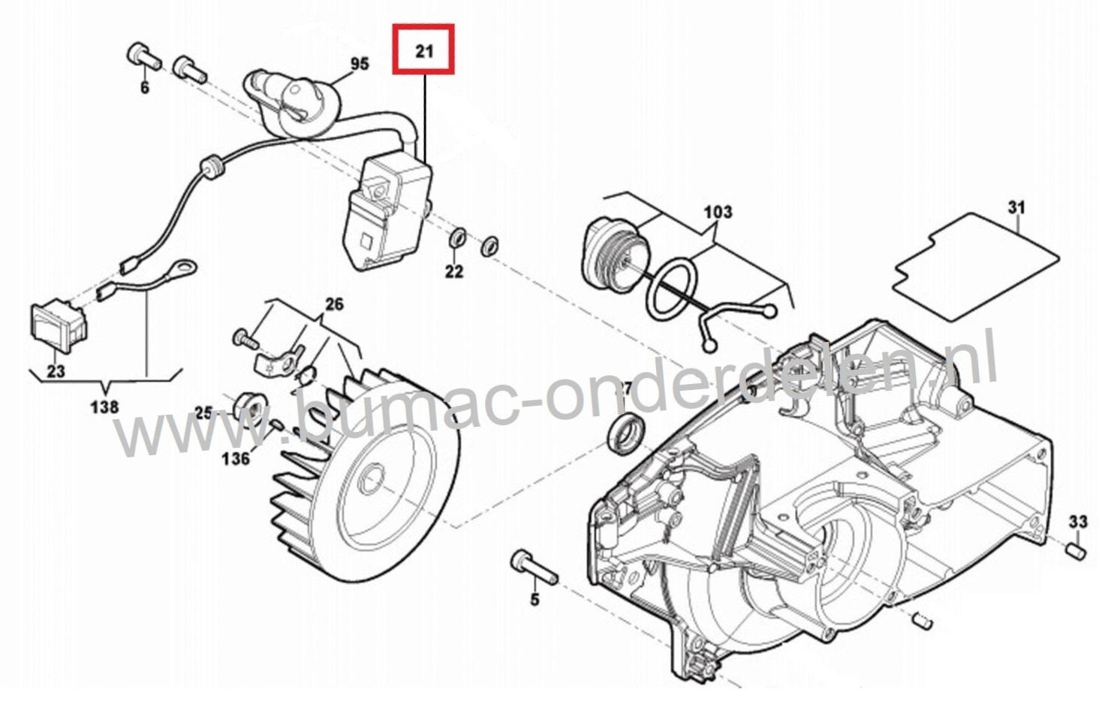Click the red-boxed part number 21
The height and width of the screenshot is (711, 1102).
coord(424,50)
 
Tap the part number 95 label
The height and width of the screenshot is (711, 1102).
coord(360,63)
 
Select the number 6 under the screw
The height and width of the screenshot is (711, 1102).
coord(144,88)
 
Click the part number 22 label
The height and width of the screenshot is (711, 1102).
coord(454,271)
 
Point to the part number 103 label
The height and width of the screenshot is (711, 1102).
coord(718,211)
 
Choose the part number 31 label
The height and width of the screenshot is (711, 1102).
coord(1016,206)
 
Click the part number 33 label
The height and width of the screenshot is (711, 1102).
coord(1078,521)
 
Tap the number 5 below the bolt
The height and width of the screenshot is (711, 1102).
coord(534,599)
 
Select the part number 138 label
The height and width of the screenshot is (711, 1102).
coord(104,406)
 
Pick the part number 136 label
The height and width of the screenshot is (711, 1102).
coord(235,457)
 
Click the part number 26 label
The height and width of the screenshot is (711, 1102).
coord(334,304)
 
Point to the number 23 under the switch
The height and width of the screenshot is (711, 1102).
coord(56,370)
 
